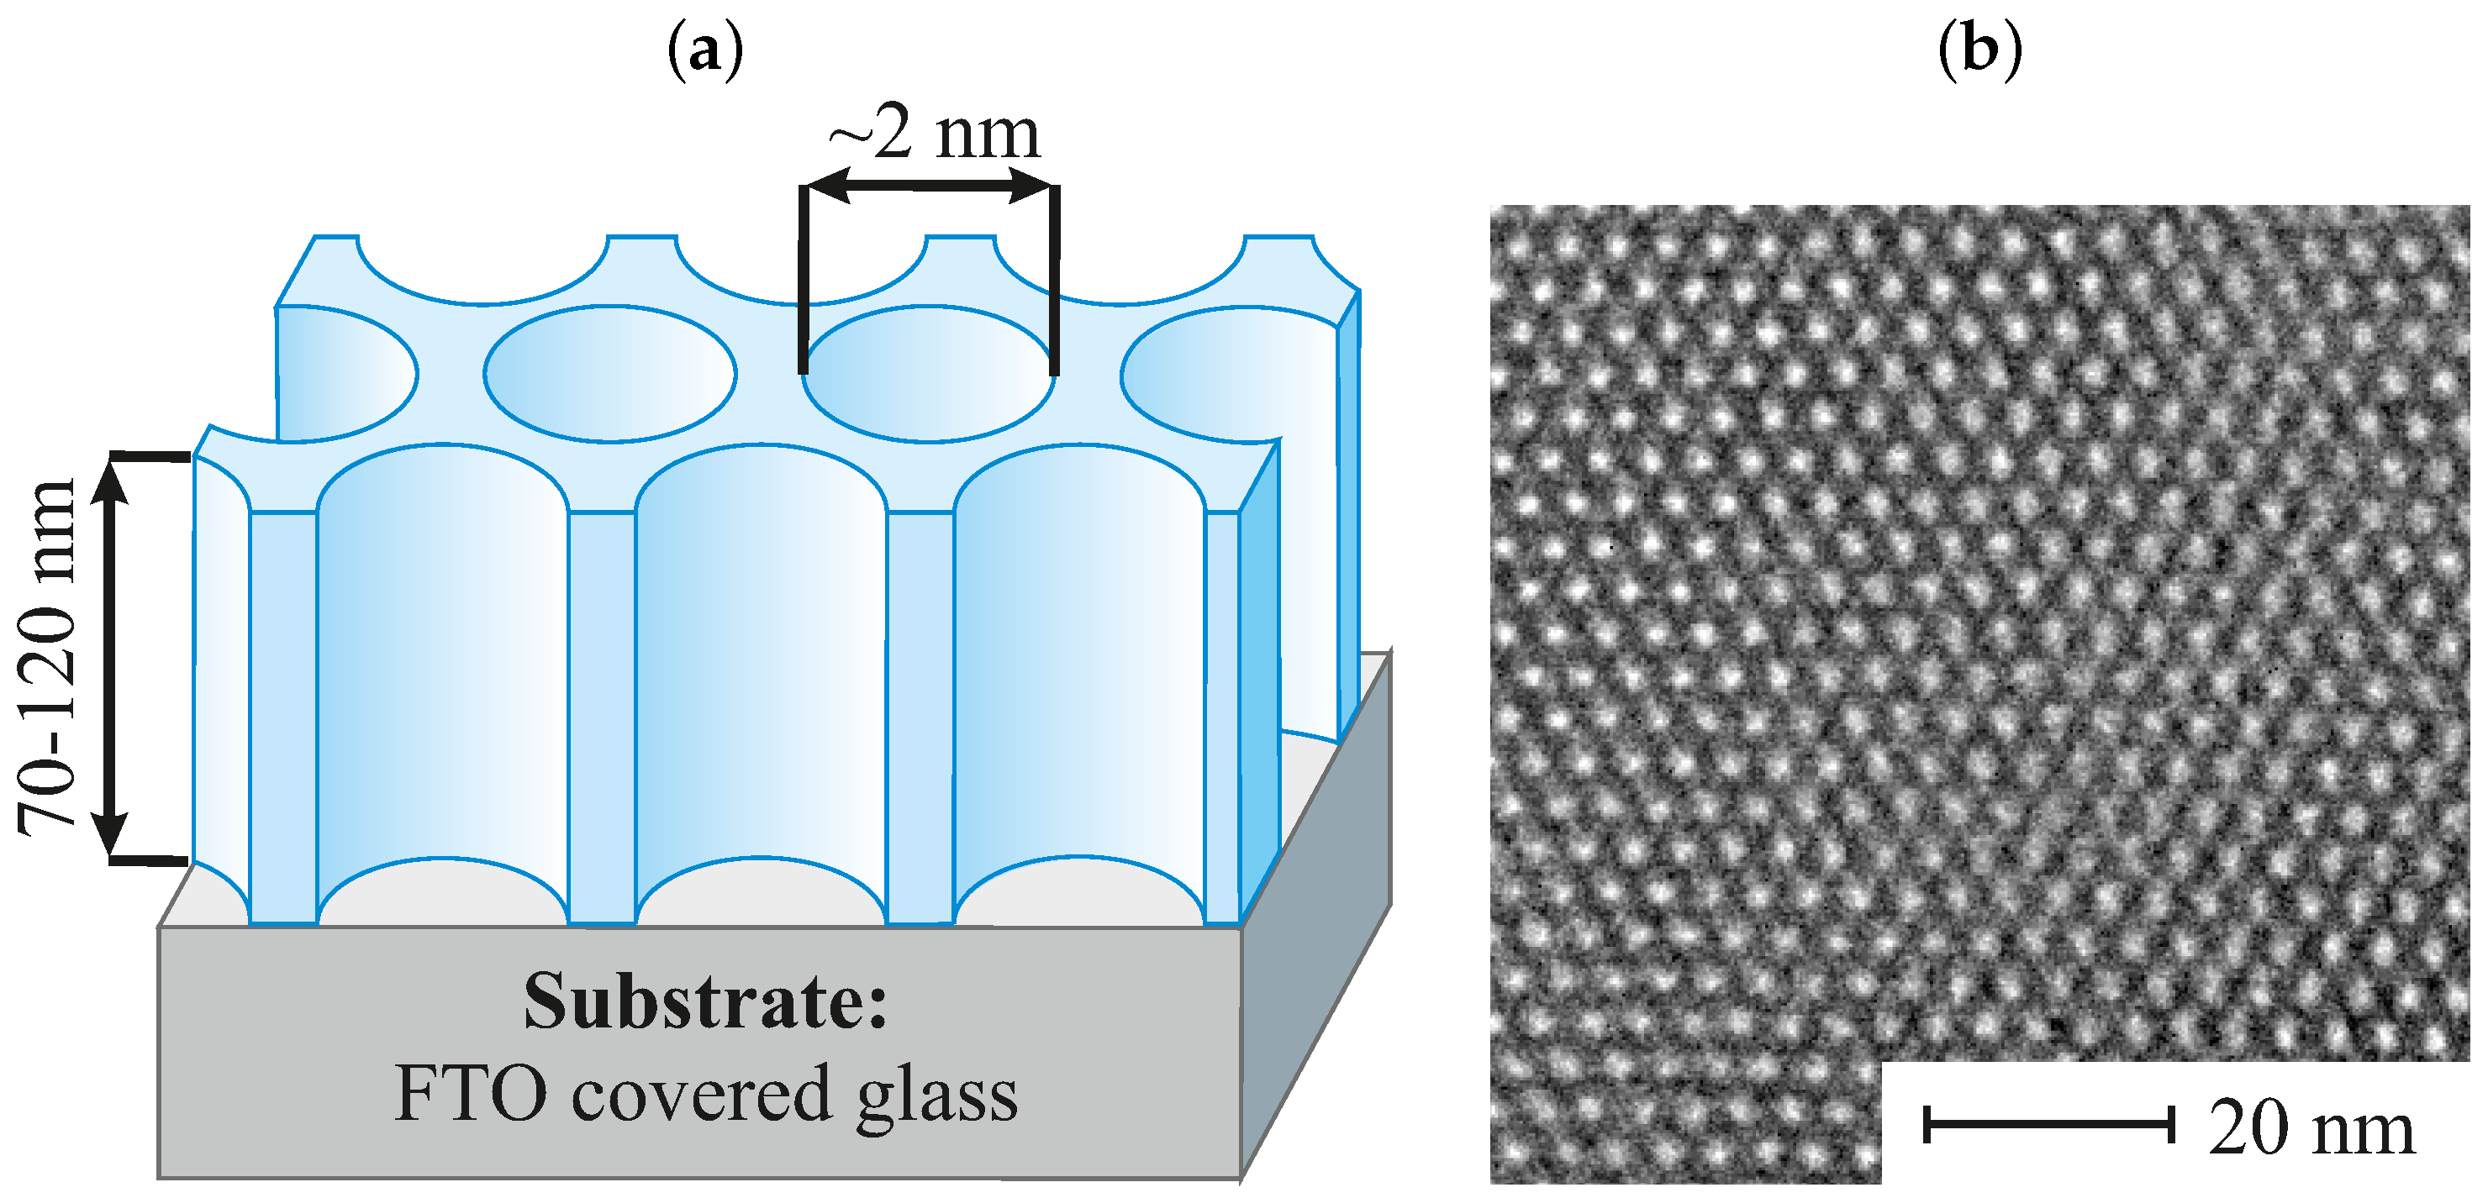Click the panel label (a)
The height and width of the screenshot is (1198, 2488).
click(705, 50)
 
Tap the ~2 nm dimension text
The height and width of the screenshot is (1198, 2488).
click(934, 134)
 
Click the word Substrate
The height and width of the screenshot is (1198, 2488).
click(705, 1002)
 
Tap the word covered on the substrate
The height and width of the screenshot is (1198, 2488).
click(701, 1094)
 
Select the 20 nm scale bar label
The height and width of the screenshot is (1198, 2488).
click(2311, 1127)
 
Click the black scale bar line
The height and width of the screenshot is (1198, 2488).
click(2048, 1125)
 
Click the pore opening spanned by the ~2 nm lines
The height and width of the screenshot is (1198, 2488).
click(928, 374)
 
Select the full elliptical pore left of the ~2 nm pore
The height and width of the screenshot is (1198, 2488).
click(609, 374)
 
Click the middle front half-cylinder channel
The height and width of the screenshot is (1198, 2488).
click(760, 675)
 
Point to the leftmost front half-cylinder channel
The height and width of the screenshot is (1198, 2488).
click(441, 675)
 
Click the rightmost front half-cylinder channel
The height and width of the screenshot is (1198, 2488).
click(1079, 675)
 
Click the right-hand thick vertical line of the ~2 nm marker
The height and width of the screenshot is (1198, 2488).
click(1055, 280)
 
